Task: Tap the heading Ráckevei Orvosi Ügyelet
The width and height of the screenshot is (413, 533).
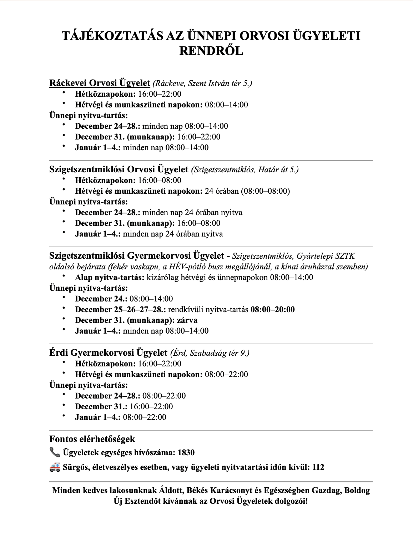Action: point(100,83)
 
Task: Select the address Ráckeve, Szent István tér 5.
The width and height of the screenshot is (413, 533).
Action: point(202,83)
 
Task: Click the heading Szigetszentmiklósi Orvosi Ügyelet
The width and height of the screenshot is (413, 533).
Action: point(119,169)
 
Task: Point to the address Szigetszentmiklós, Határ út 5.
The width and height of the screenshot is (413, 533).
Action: point(245,169)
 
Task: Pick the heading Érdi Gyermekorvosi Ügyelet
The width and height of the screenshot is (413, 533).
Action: point(108,353)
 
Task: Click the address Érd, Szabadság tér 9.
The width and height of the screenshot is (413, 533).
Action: point(210,353)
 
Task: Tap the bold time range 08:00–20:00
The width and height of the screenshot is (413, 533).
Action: point(273,309)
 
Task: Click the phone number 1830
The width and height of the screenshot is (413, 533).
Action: point(186,453)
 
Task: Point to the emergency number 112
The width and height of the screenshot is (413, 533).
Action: point(318,467)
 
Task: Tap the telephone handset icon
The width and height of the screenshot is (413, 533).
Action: point(55,453)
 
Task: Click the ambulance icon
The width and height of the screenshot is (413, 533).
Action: point(55,467)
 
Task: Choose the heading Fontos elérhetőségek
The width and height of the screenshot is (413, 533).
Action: point(92,439)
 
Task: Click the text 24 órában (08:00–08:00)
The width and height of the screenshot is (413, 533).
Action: point(247,191)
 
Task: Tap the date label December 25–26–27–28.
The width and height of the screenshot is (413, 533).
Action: point(120,309)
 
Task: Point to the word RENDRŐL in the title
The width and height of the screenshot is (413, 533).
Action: point(211,51)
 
